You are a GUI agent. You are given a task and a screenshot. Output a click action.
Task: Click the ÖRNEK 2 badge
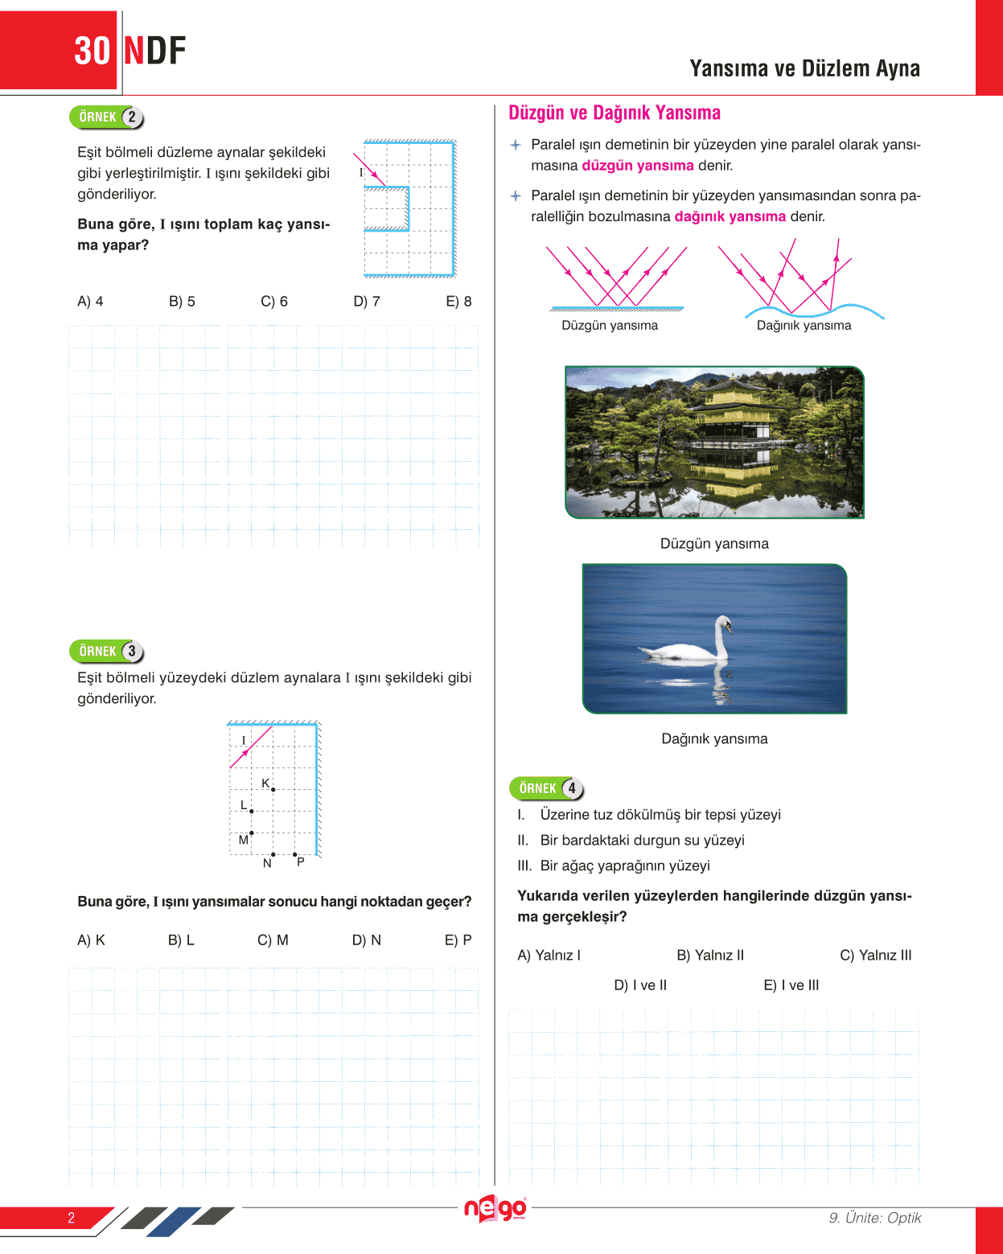point(106,117)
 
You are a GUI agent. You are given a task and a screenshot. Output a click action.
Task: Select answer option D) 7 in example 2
point(367,302)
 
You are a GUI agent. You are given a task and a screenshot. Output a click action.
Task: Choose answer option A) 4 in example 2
point(90,302)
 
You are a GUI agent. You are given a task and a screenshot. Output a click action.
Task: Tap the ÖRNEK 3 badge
point(106,652)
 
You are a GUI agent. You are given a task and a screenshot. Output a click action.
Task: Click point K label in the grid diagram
point(265,783)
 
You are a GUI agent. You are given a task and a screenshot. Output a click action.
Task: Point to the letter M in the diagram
point(243,840)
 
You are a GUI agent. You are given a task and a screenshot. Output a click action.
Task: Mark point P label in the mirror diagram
point(300,862)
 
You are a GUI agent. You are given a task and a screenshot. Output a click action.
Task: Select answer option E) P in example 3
point(458,940)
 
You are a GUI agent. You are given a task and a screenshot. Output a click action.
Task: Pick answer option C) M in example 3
point(273,940)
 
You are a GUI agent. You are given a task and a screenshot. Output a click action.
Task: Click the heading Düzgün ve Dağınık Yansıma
point(615,113)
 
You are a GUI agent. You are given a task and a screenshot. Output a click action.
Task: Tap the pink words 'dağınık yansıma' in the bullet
point(730,216)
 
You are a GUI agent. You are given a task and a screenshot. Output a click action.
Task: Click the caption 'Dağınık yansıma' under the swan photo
point(714,739)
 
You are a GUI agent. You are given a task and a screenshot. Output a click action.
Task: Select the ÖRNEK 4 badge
point(546,789)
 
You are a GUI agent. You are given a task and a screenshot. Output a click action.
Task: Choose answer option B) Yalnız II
point(710,956)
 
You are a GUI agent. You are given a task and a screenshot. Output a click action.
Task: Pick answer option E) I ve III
point(791,985)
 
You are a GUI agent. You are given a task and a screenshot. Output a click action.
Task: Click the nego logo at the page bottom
point(495,1208)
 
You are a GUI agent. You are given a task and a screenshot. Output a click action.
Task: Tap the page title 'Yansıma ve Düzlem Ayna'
point(804,69)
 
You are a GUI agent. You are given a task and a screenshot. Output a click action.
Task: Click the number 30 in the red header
point(92,51)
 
